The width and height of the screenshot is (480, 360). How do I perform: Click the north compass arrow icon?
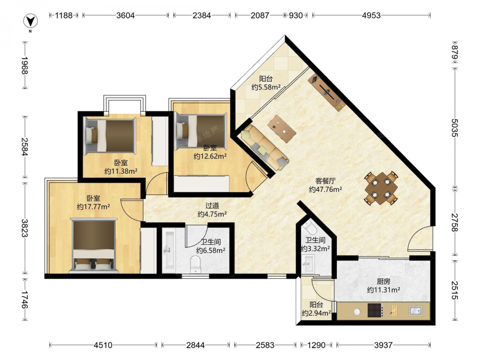[30, 21]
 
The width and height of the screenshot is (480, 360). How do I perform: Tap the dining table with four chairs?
[381, 188]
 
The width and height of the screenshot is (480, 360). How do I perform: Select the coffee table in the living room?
[282, 129]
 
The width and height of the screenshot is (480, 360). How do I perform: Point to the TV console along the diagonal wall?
[326, 92]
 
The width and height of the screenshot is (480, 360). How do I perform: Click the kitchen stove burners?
[375, 310]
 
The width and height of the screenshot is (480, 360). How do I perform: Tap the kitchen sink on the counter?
[415, 311]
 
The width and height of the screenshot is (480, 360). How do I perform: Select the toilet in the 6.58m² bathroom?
[195, 264]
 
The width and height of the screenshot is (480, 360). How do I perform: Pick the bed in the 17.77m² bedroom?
[94, 245]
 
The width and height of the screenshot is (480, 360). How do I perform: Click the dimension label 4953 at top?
[371, 15]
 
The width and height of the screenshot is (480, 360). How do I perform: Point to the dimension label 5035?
[454, 128]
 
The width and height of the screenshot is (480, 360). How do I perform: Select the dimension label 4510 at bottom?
[103, 345]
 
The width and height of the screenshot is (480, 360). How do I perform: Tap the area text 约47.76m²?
[325, 190]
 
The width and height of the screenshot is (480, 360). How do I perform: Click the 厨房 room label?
[383, 281]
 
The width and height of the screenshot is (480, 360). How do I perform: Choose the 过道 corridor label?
[212, 206]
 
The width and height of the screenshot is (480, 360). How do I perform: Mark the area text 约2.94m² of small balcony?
[316, 313]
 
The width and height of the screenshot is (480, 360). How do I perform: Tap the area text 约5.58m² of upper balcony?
[266, 87]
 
